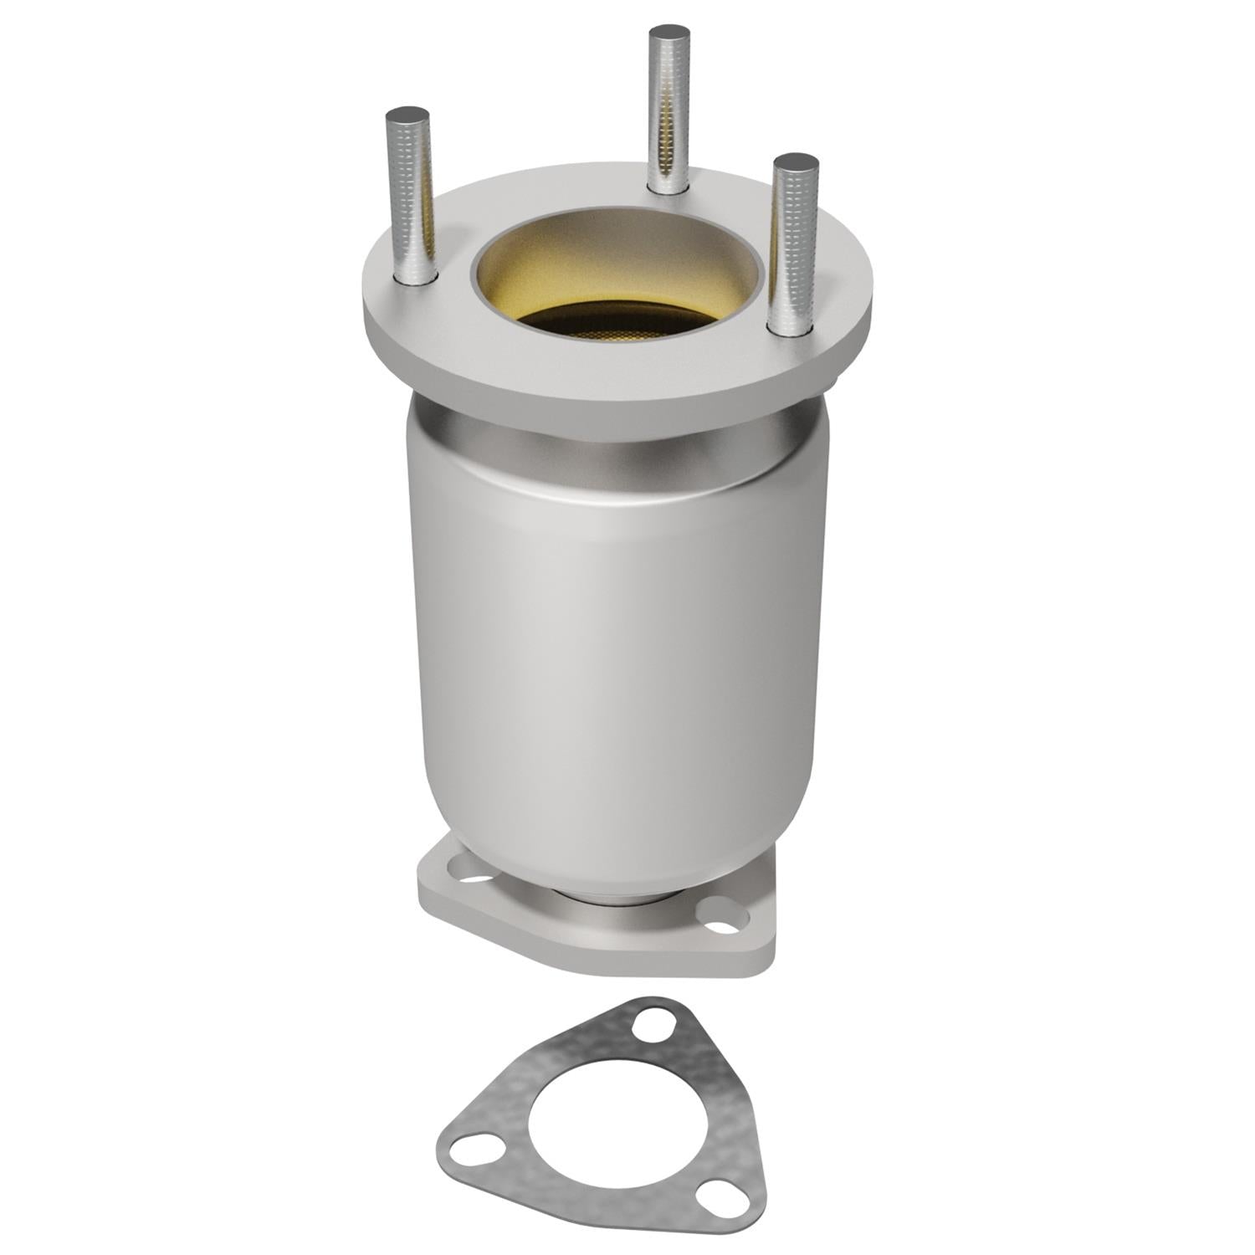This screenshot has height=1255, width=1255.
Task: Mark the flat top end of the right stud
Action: pos(795,160)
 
